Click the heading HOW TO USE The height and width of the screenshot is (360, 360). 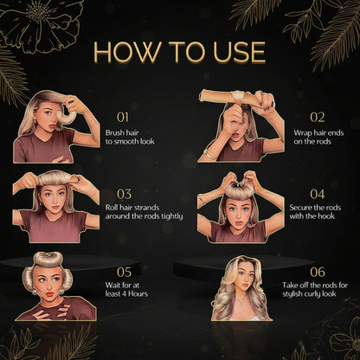(x=179, y=51)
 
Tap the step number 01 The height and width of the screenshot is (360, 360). (x=122, y=115)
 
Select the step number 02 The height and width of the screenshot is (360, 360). (x=317, y=115)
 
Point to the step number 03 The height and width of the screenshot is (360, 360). (x=124, y=194)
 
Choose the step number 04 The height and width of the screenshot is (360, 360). (x=317, y=194)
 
